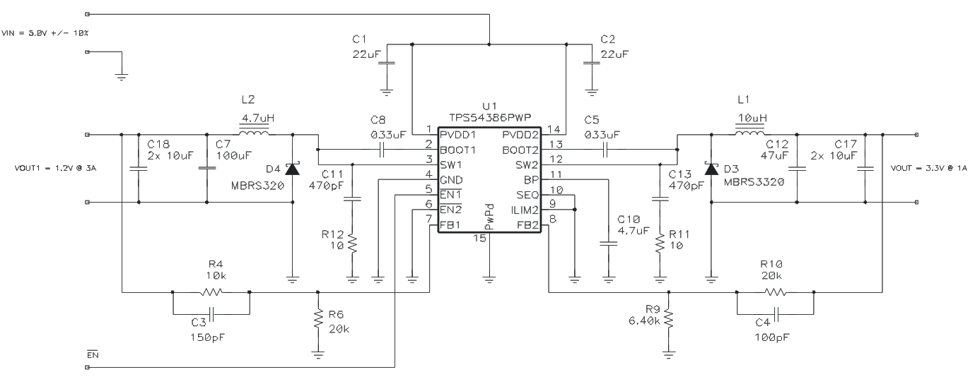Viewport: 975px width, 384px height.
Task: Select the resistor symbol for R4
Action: coord(211,292)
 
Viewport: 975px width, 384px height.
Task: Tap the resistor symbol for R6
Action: coord(317,321)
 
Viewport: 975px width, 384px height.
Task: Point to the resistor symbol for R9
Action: coord(668,321)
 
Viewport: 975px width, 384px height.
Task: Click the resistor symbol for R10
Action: coord(775,292)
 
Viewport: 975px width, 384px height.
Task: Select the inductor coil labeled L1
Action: coord(749,133)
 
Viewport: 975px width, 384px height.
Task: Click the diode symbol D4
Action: coord(293,168)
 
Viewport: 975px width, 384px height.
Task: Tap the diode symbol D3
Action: coord(711,168)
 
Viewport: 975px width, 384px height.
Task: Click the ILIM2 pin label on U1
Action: coord(525,210)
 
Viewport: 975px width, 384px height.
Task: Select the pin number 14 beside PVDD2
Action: coord(553,130)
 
